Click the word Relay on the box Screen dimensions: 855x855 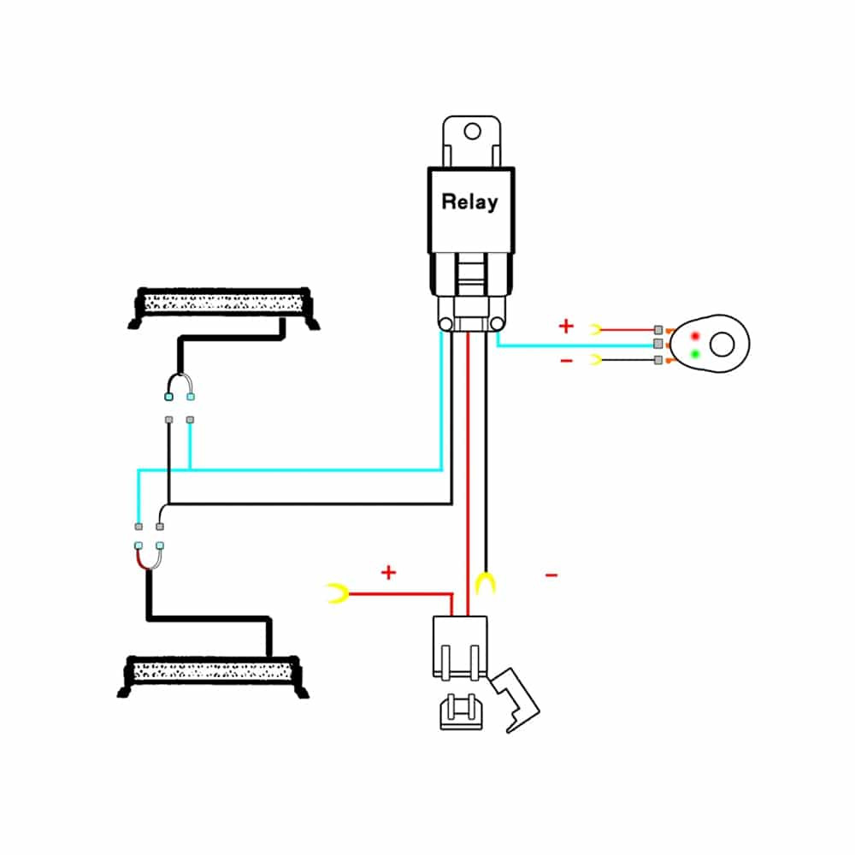coord(469,203)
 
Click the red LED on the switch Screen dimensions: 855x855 coord(696,334)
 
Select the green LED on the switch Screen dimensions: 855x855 coord(696,353)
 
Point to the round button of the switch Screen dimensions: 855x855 coord(723,344)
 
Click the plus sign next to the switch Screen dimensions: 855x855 coord(565,326)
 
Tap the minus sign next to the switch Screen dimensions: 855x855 coord(566,361)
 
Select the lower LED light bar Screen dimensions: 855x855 coord(212,673)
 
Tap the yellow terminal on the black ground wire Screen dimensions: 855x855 coord(486,584)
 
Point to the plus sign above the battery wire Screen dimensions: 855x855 coord(389,572)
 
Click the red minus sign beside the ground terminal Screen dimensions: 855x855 coord(551,575)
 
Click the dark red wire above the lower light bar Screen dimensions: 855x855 coord(141,560)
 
